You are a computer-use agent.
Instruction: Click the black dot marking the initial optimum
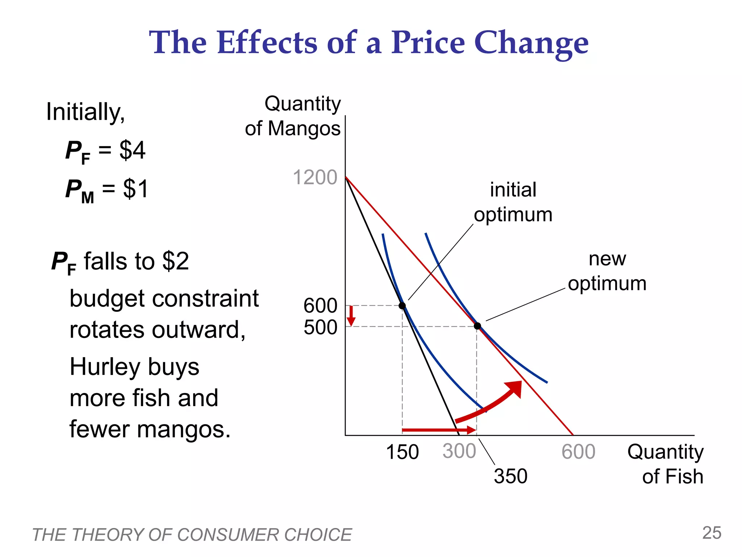coord(402,306)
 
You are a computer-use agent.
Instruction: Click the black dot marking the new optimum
coord(478,326)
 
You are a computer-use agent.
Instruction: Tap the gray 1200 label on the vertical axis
coord(314,177)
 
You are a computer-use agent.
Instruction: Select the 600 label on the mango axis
coord(320,306)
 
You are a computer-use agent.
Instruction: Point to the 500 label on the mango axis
coord(320,327)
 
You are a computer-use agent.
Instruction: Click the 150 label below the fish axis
coord(402,452)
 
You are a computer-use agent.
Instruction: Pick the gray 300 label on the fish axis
coord(459,451)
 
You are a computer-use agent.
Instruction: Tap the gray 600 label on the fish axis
coord(578,452)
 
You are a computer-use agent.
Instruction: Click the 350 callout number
coord(510,476)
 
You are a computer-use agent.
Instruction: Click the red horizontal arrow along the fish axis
coord(438,430)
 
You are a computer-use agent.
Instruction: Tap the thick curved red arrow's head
coord(515,389)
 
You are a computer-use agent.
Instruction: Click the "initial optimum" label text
coord(513,202)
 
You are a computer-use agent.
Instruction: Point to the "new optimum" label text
coord(607,271)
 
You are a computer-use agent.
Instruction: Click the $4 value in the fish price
coord(132,150)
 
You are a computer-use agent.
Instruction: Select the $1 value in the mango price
coord(136,189)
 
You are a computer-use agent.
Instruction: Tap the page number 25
coord(712,533)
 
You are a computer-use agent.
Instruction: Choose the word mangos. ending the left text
coord(184,429)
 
